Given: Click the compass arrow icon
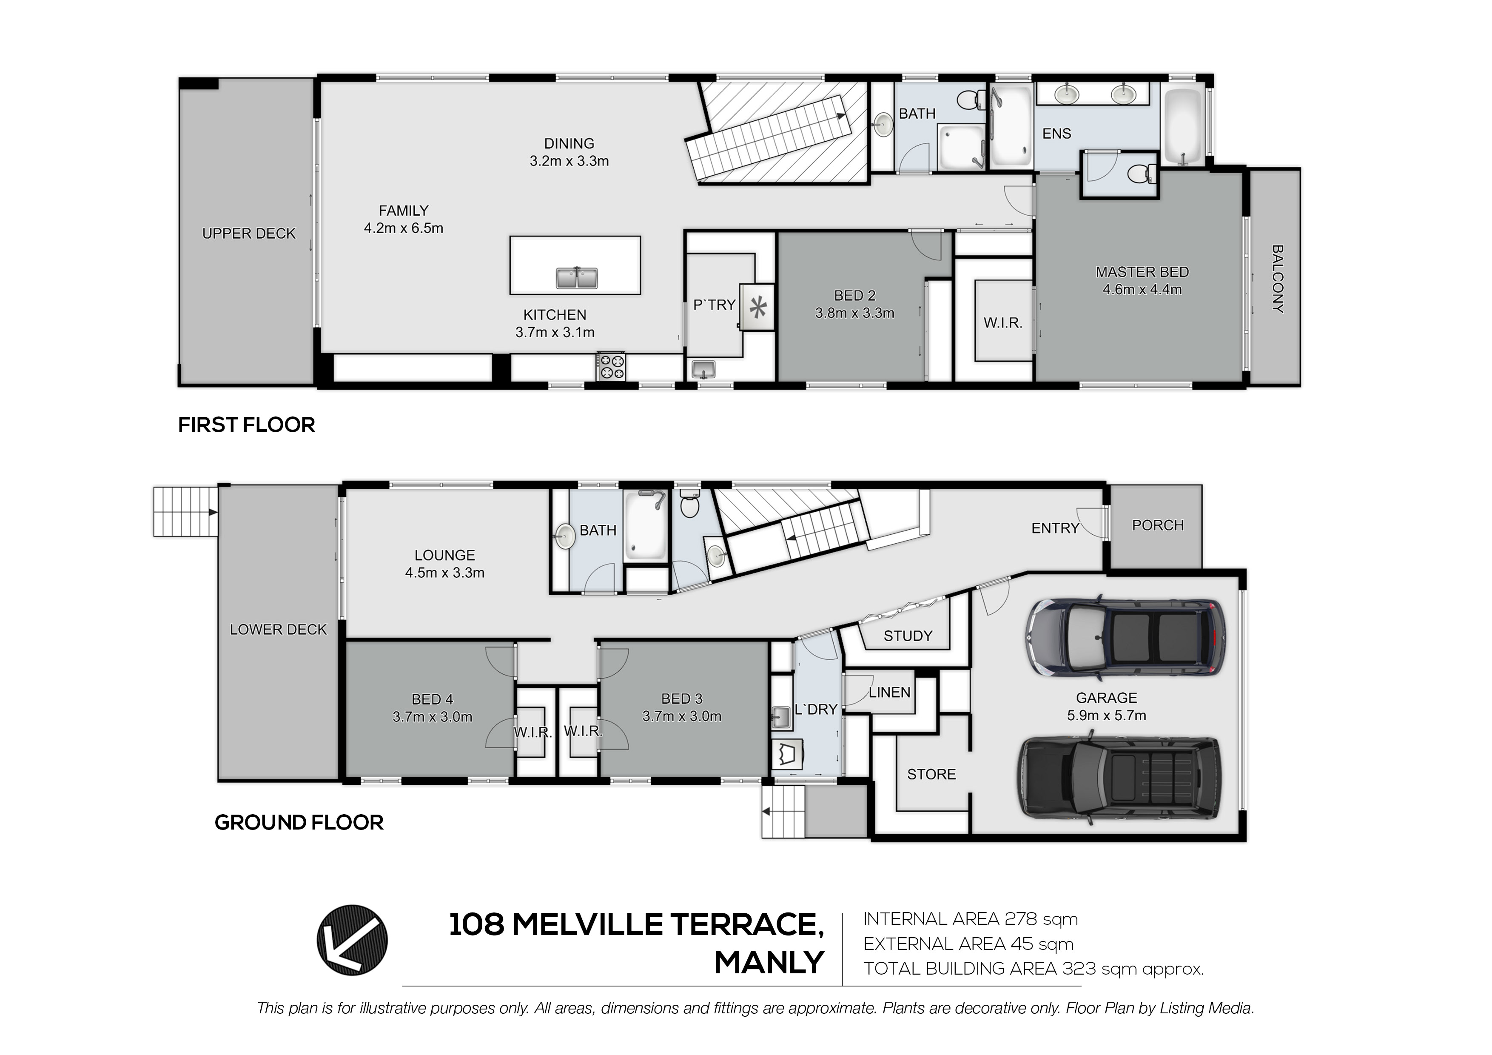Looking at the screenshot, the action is [352, 940].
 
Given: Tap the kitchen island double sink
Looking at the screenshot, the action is [576, 278].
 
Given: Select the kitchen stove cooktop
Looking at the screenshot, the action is [612, 366].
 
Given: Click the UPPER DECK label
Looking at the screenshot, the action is [249, 234].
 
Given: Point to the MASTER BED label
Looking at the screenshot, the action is [1142, 272].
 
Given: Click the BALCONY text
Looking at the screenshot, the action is [1277, 279].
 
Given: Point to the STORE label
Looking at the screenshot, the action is [931, 774].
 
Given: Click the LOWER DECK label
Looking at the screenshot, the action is [278, 629].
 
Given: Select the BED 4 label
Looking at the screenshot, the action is [432, 699].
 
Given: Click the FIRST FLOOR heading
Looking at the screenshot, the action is [246, 425].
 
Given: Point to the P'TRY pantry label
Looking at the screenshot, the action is [714, 305].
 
